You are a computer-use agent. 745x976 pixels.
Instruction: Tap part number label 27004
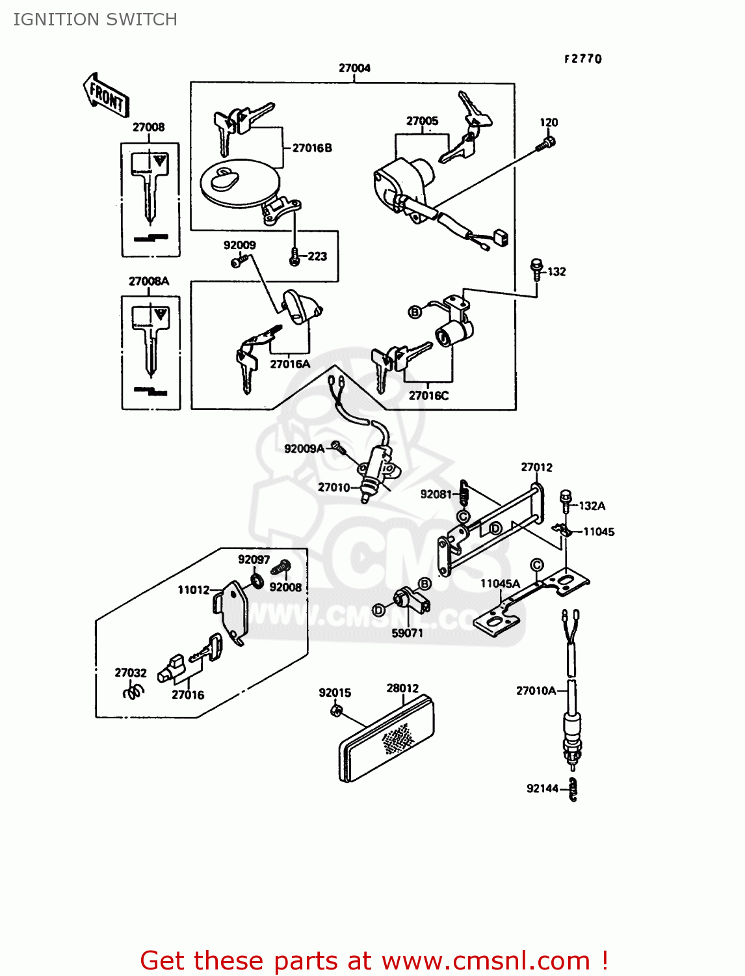354,68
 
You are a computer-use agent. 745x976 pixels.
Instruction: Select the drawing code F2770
582,59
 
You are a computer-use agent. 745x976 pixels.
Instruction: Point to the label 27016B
312,148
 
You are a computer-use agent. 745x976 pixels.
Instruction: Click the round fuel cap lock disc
239,183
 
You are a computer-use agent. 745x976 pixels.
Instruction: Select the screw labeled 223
295,256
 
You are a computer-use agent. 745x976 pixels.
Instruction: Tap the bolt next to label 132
537,269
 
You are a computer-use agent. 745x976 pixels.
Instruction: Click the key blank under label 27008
150,189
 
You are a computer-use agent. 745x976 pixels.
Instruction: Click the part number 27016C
428,395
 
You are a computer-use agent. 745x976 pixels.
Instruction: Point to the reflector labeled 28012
386,740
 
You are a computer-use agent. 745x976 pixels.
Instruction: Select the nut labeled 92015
335,711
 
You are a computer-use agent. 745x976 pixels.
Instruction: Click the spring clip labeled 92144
573,789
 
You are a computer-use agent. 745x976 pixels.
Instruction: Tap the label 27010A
536,690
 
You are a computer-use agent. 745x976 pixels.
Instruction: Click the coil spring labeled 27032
133,691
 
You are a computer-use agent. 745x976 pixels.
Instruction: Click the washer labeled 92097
257,580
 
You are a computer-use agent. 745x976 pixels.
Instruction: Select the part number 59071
407,632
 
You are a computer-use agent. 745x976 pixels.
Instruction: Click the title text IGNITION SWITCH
95,20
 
